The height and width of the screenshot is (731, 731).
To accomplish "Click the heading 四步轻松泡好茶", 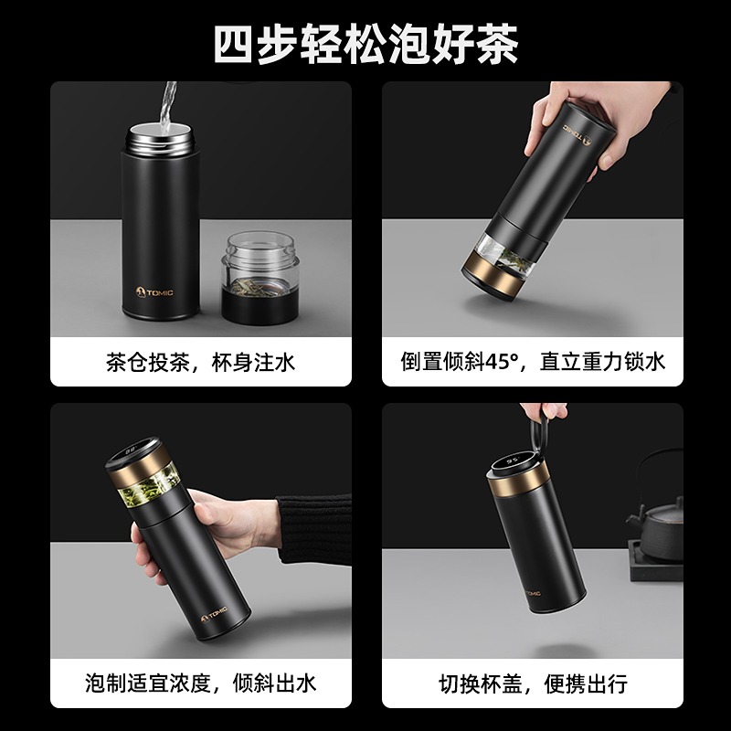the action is click(366, 43).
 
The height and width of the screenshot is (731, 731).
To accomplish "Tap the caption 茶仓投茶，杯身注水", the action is click(200, 362).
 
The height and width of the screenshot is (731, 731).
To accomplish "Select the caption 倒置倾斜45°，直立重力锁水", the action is click(533, 361).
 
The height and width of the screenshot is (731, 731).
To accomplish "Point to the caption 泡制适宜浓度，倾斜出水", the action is click(200, 683).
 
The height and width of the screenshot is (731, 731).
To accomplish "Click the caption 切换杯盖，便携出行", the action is click(533, 683).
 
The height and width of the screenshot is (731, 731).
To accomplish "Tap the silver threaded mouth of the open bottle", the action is click(159, 138).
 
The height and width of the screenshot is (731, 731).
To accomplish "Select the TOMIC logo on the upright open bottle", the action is click(154, 292).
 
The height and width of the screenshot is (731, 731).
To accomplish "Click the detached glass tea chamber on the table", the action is click(260, 278).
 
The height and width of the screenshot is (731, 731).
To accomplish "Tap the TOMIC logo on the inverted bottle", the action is click(577, 132).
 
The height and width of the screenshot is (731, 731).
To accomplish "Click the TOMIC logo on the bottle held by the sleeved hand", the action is click(215, 614).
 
